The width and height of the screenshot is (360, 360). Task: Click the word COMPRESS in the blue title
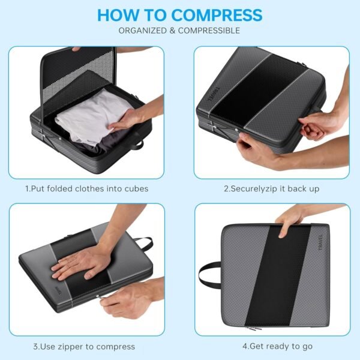217,15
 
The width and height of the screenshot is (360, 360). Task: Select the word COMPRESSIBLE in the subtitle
209,31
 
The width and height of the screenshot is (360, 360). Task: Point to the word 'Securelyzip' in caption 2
253,189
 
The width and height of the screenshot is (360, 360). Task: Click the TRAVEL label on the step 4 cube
320,242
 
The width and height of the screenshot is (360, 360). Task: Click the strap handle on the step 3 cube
145,244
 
